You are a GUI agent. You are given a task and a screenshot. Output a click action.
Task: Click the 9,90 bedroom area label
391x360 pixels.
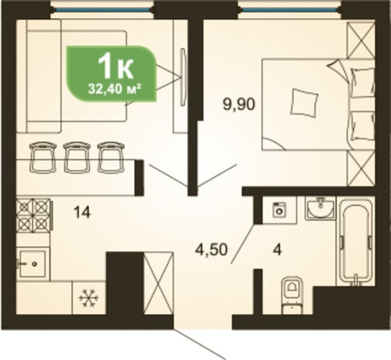(239, 105)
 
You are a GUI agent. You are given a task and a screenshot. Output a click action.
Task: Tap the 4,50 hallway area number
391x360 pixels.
(211, 249)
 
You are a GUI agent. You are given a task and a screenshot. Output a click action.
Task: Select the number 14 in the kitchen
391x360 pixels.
(82, 213)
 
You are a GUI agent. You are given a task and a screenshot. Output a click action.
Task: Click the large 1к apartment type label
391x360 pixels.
(115, 65)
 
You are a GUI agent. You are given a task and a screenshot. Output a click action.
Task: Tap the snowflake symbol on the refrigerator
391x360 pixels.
(88, 297)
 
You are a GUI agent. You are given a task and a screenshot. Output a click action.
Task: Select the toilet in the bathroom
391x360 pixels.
(293, 295)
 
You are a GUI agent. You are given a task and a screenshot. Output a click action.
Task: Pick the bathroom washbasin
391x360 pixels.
(320, 207)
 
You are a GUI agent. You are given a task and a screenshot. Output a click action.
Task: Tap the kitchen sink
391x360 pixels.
(32, 263)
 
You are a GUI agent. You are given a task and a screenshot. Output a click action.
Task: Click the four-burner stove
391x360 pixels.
(34, 214)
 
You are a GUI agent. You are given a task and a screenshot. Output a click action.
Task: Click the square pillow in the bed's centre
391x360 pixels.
(305, 103)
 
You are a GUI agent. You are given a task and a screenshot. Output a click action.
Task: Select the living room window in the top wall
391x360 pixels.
(102, 10)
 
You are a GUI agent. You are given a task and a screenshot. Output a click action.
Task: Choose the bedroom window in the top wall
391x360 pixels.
(290, 10)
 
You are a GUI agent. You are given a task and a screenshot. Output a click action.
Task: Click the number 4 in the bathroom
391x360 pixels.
(277, 250)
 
